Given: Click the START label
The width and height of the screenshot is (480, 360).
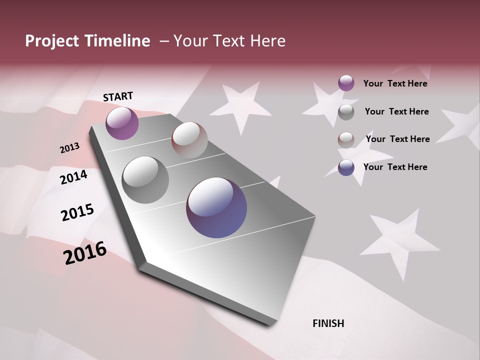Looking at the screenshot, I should [118, 96].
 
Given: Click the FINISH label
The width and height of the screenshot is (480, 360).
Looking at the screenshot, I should [328, 323].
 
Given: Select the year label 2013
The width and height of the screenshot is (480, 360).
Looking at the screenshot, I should [69, 148].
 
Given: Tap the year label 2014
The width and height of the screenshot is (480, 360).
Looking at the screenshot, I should [73, 177].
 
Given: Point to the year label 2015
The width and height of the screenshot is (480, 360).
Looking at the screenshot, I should [77, 212].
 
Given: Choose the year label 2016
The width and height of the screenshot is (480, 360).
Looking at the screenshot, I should [85, 253].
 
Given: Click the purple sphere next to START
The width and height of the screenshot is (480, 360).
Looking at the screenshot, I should [122, 123].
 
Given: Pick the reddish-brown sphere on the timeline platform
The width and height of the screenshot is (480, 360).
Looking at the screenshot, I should [189, 140].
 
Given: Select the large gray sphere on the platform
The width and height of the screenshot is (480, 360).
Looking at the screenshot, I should [145, 180].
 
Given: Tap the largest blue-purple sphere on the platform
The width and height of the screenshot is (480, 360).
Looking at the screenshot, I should [216, 207].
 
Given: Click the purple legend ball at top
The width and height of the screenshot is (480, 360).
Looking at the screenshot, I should [346, 83].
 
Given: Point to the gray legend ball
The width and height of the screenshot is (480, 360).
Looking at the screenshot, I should [346, 112].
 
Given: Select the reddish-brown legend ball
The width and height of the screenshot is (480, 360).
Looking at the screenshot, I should [346, 140].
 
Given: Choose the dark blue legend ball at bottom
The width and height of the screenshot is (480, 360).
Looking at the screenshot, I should [346, 168].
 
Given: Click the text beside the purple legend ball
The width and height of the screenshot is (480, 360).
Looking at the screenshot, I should [395, 83].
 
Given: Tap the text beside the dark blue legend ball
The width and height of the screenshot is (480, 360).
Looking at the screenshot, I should [395, 167].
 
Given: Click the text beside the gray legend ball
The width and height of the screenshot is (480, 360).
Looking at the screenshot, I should [396, 111].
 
